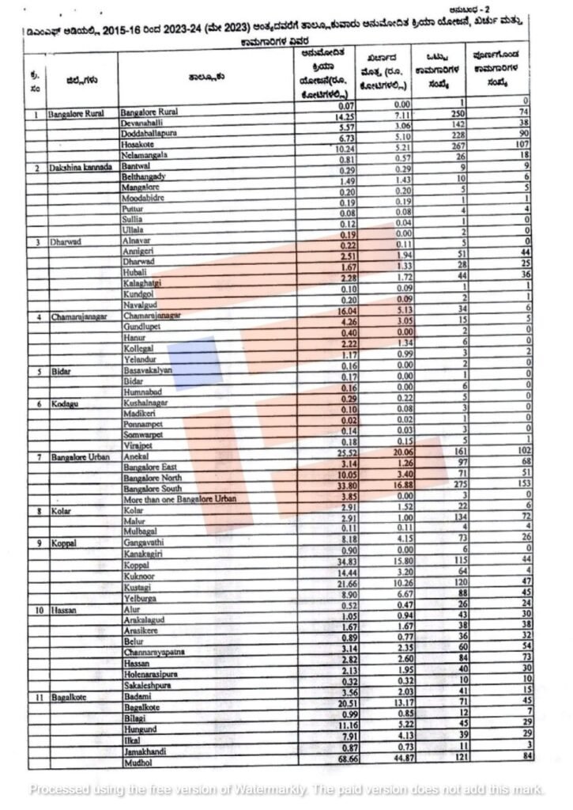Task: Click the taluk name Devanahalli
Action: click(x=143, y=124)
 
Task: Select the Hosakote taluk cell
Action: click(x=138, y=146)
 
